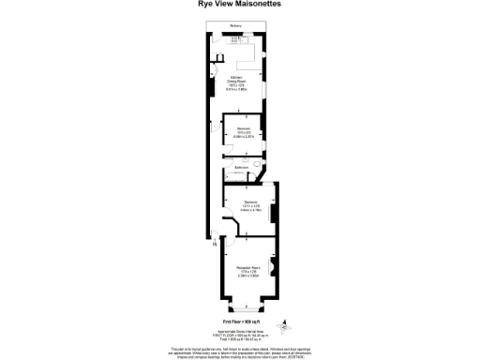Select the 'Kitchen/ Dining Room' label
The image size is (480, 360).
tap(241, 82)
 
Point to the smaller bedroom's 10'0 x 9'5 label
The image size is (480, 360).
tap(243, 132)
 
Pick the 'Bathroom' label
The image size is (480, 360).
tap(241, 167)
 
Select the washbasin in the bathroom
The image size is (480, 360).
tap(228, 165)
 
